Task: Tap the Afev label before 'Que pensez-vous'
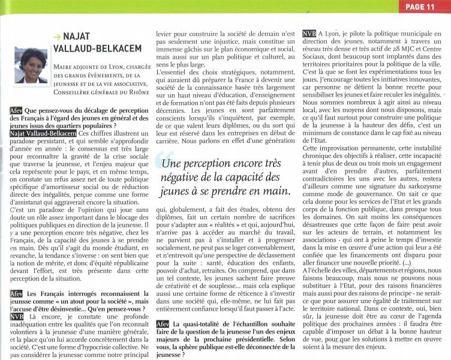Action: coord(16,112)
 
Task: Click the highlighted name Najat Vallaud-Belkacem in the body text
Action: coord(38,133)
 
